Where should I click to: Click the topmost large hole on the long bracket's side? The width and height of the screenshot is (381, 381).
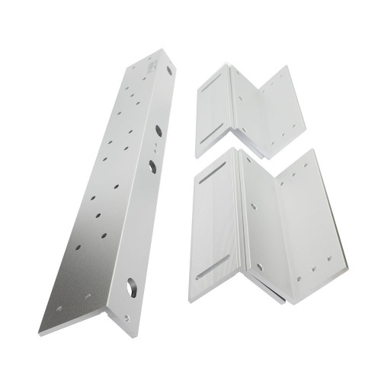point(169,70)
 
